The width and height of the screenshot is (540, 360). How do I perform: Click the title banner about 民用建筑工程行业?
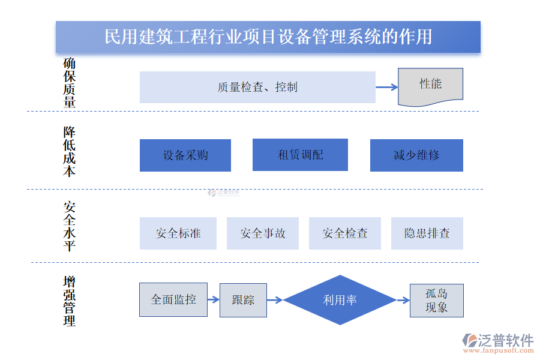click(268, 37)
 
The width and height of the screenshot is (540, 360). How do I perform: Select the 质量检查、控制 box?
click(257, 87)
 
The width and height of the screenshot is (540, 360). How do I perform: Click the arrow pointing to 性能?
click(387, 87)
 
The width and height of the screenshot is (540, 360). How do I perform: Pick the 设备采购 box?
click(185, 155)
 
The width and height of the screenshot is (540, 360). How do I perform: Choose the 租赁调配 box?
click(300, 155)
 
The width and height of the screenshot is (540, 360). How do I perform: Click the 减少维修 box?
click(416, 155)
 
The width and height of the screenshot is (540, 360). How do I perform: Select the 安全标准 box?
click(178, 233)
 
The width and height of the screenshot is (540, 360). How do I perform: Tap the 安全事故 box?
click(263, 233)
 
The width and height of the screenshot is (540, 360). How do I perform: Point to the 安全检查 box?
click(345, 233)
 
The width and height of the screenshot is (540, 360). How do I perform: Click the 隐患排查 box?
click(427, 233)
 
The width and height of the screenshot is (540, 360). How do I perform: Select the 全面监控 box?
click(173, 299)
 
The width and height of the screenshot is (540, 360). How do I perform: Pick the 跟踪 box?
click(243, 300)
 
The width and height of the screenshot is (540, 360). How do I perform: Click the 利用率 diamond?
click(340, 300)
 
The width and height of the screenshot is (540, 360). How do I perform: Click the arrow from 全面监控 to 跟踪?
click(214, 300)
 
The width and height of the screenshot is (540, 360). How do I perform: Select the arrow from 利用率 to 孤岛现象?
click(403, 300)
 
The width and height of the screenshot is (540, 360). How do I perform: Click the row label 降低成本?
click(70, 152)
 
